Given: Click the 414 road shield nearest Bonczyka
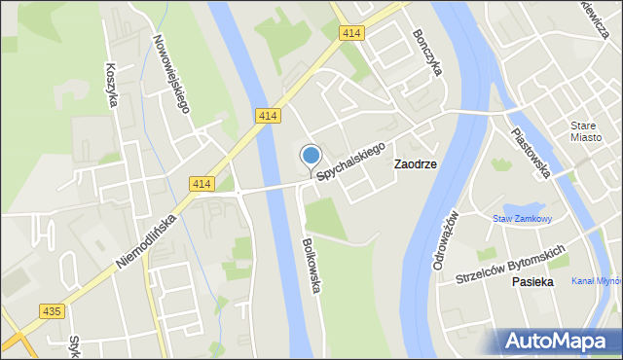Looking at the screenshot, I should [x=352, y=33].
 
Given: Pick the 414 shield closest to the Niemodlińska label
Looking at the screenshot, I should [x=202, y=184].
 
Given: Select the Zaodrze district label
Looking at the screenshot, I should [x=415, y=164].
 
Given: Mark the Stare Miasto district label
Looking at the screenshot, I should [x=586, y=130].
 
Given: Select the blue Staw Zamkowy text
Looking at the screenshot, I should [x=522, y=219].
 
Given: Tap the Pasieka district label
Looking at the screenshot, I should [x=532, y=281].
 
